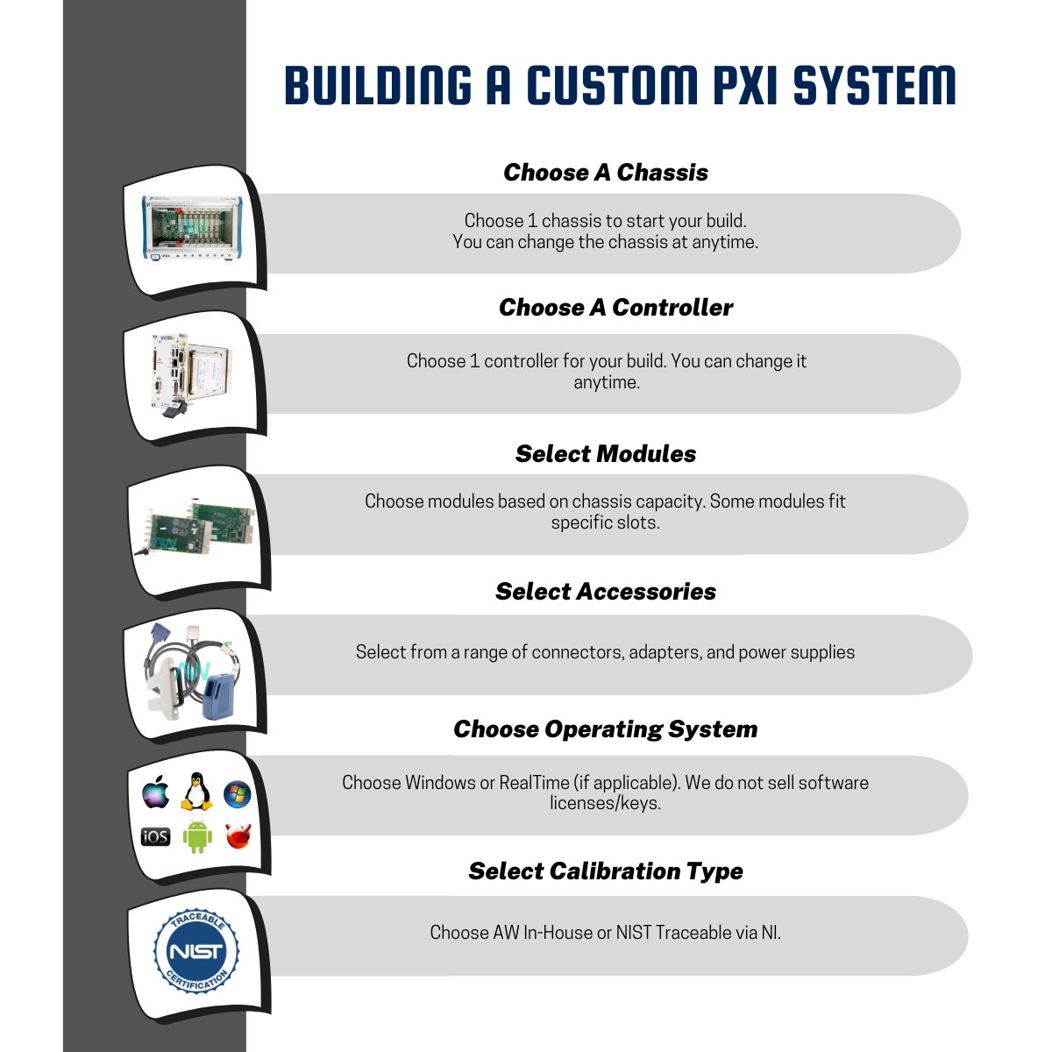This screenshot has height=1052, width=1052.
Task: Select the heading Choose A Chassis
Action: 606,173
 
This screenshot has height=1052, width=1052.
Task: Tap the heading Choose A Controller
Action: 615,308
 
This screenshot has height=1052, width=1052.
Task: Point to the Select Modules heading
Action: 606,454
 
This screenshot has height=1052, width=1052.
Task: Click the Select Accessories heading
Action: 606,592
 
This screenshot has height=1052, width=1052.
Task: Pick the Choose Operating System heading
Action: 606,729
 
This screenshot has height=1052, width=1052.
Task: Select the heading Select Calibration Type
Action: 606,871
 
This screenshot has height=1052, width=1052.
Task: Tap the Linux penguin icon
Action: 197,792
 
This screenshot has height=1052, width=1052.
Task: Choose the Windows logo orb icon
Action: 238,795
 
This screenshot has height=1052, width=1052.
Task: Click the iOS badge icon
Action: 155,836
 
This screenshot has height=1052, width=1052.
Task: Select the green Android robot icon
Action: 197,836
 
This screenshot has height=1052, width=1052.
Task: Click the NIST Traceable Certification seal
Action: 196,951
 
